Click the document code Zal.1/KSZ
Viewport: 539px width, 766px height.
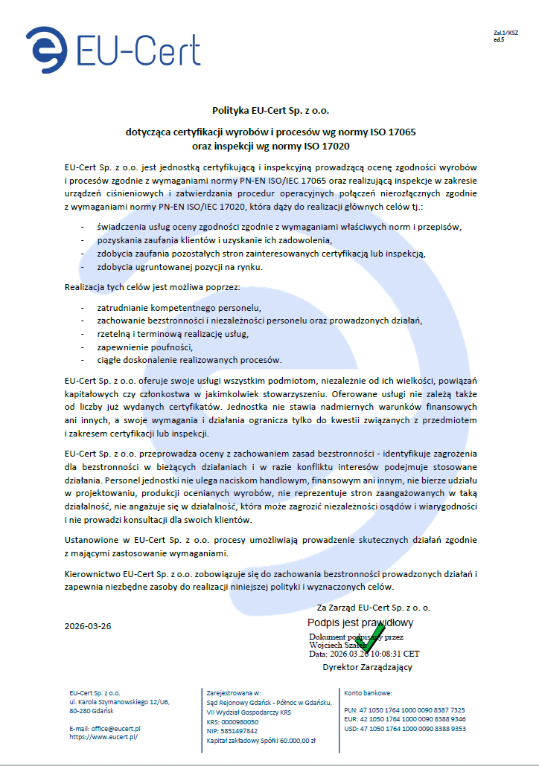(505, 33)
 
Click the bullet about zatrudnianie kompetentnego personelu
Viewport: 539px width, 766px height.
(179, 306)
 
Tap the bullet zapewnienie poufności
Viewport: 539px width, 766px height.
(145, 347)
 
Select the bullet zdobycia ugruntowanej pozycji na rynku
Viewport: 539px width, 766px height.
(180, 266)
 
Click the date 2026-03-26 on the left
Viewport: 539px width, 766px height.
(88, 625)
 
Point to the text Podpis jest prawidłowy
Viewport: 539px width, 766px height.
(360, 622)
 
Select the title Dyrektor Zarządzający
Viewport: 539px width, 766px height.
(367, 667)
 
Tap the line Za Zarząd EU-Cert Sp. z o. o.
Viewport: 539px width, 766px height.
(373, 608)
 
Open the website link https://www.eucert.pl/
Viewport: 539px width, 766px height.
(103, 736)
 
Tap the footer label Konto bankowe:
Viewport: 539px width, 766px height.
(369, 692)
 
